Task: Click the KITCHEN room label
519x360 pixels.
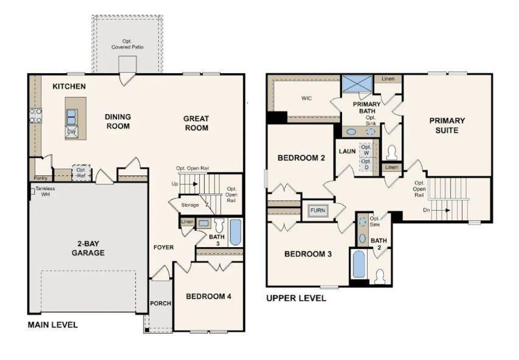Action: point(69,87)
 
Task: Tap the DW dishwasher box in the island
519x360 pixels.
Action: point(71,132)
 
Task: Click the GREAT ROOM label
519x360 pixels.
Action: point(196,123)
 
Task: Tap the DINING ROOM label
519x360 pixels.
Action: point(118,121)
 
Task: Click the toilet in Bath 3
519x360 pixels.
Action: point(218,227)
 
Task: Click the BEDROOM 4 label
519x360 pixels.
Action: point(208,296)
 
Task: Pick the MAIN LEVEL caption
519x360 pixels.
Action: point(53,325)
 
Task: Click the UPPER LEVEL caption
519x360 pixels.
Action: point(296,298)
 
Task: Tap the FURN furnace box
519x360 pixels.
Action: point(317,211)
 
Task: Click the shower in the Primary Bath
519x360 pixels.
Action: point(356,84)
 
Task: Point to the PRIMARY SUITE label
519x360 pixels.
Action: point(447,125)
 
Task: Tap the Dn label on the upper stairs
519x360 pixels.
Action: point(426,210)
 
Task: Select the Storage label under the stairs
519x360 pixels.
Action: point(190,205)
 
